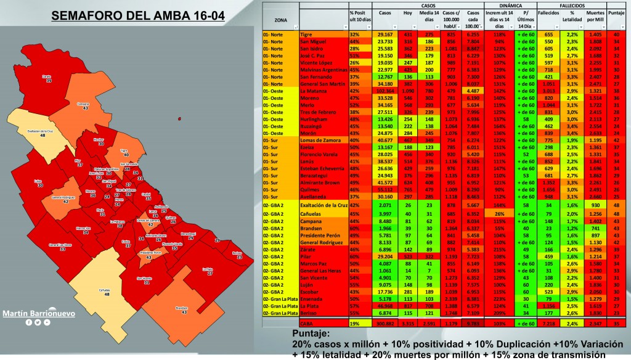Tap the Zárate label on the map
46,78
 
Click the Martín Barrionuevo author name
39,313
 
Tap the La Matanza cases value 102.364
387,91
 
